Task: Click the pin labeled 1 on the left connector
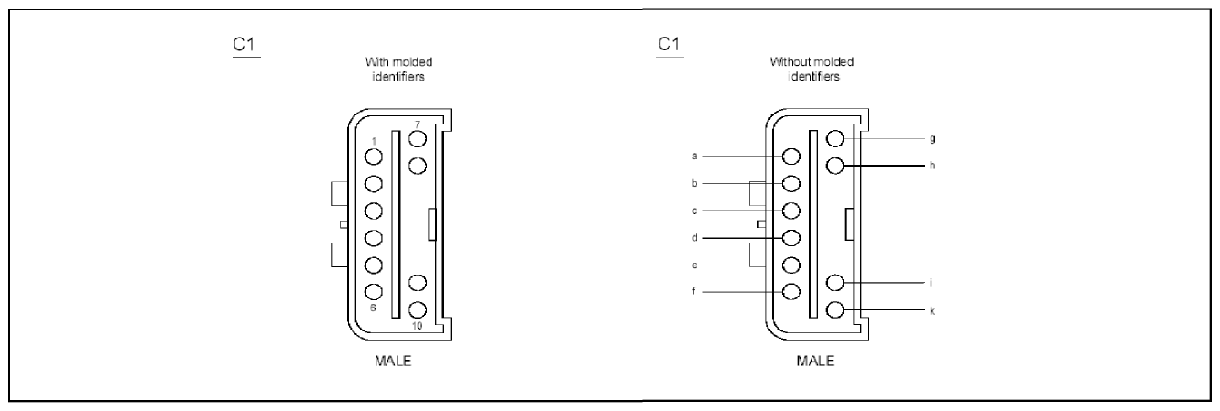(x=373, y=157)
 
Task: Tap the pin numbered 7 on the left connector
(x=417, y=138)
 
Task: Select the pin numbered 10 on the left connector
(x=417, y=309)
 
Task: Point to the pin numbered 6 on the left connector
(x=373, y=292)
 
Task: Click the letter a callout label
(x=694, y=157)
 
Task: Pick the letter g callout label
(x=933, y=139)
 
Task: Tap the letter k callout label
(x=932, y=311)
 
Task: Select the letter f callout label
(x=694, y=291)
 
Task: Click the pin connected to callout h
(x=835, y=166)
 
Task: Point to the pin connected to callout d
(x=790, y=238)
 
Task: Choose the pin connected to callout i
(x=835, y=283)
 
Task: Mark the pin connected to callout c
(x=790, y=211)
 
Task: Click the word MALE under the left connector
(x=393, y=361)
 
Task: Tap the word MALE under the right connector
(x=815, y=361)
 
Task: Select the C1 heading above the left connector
(x=244, y=44)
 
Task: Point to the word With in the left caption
(x=376, y=61)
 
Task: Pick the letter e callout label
(x=694, y=265)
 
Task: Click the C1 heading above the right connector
(x=669, y=44)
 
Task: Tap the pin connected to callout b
(x=790, y=183)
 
